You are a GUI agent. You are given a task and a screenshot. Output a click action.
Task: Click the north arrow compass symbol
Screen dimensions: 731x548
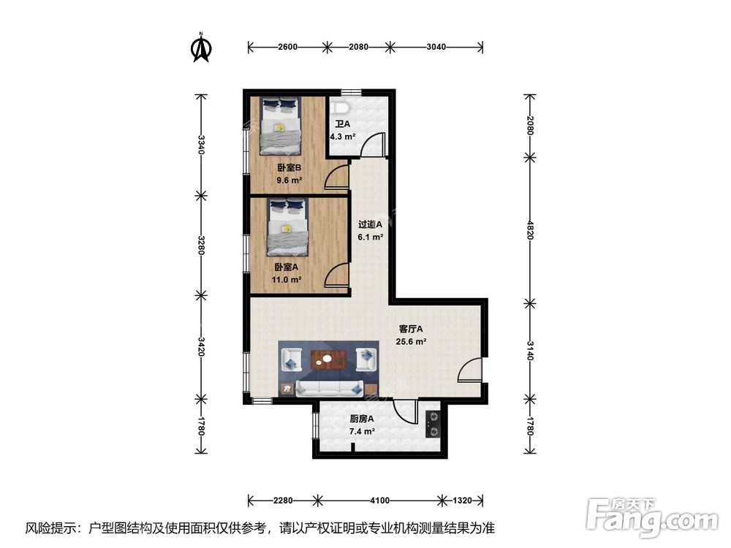pos(202,47)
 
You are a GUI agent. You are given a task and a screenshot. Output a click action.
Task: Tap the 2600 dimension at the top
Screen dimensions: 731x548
pos(287,47)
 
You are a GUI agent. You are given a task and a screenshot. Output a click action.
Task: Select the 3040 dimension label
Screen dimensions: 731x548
pos(436,47)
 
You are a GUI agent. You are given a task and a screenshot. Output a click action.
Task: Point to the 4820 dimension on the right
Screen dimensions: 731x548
pos(529,230)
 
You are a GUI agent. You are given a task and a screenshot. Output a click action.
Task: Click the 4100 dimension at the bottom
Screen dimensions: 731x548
pos(380,501)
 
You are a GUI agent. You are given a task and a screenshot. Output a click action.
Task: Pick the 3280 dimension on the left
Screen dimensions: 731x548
pos(201,245)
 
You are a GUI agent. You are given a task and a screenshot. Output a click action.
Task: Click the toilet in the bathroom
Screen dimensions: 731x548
pos(341,107)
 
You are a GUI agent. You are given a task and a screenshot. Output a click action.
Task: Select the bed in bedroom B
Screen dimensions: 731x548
pos(280,126)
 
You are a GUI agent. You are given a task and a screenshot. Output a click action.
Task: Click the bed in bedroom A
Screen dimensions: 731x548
pos(288,227)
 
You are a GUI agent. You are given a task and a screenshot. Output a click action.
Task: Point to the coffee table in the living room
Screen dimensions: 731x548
pos(328,359)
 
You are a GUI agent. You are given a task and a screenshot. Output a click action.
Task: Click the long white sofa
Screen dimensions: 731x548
pos(330,388)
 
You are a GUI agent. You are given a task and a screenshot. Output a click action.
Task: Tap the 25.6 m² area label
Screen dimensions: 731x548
pos(411,341)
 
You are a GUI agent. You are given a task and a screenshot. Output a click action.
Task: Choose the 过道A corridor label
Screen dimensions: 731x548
pos(370,224)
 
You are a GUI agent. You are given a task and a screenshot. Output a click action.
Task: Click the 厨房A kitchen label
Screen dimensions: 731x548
pos(362,419)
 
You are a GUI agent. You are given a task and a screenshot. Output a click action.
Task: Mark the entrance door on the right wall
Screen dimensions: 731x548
pos(470,370)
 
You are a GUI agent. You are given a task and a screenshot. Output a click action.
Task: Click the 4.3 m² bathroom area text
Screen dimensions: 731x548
pos(343,137)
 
